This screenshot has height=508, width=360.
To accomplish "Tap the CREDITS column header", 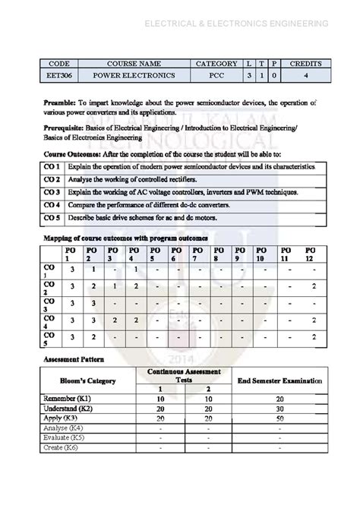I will tap(305, 64).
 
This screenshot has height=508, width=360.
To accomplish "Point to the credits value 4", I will tap(305, 76).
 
